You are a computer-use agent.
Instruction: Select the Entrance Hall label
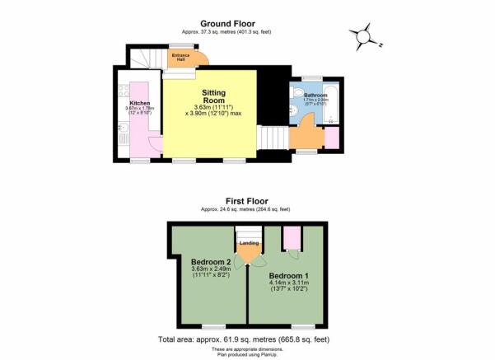178,58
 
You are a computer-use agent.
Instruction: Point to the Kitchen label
137,103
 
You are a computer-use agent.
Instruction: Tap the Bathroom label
316,96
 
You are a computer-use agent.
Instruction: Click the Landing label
249,243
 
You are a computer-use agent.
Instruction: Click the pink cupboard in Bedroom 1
291,239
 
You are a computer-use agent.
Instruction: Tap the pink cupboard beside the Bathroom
331,139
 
